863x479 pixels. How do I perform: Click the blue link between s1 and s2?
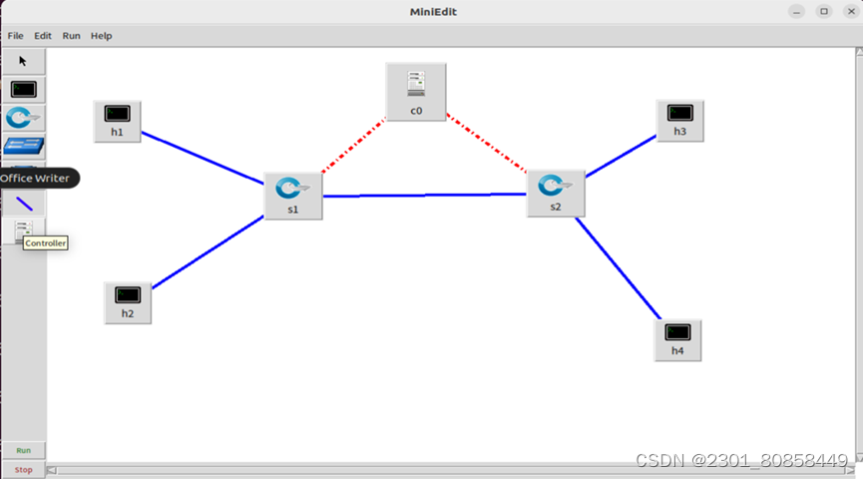(x=424, y=196)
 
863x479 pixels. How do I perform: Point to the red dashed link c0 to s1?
(x=353, y=148)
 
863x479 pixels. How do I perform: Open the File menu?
(x=16, y=36)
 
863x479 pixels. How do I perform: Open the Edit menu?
(x=43, y=36)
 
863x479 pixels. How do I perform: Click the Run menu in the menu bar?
(x=72, y=36)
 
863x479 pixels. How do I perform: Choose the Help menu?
(x=102, y=36)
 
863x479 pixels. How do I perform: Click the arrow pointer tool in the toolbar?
(x=23, y=61)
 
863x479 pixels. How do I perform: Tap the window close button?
(x=849, y=11)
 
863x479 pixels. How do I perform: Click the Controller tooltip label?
(x=45, y=242)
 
